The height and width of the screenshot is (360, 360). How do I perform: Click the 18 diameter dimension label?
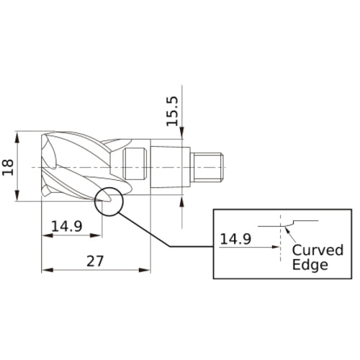[8, 167]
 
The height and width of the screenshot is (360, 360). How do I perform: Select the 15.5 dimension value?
[173, 111]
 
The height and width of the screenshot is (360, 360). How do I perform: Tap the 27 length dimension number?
[95, 261]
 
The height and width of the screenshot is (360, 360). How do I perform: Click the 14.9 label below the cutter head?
[67, 226]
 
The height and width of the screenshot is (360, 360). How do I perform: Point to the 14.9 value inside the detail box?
[235, 239]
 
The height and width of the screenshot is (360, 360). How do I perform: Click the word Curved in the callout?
[318, 250]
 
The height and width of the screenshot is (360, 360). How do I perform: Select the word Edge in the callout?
[310, 265]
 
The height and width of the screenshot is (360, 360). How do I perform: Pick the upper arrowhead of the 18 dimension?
[17, 137]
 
